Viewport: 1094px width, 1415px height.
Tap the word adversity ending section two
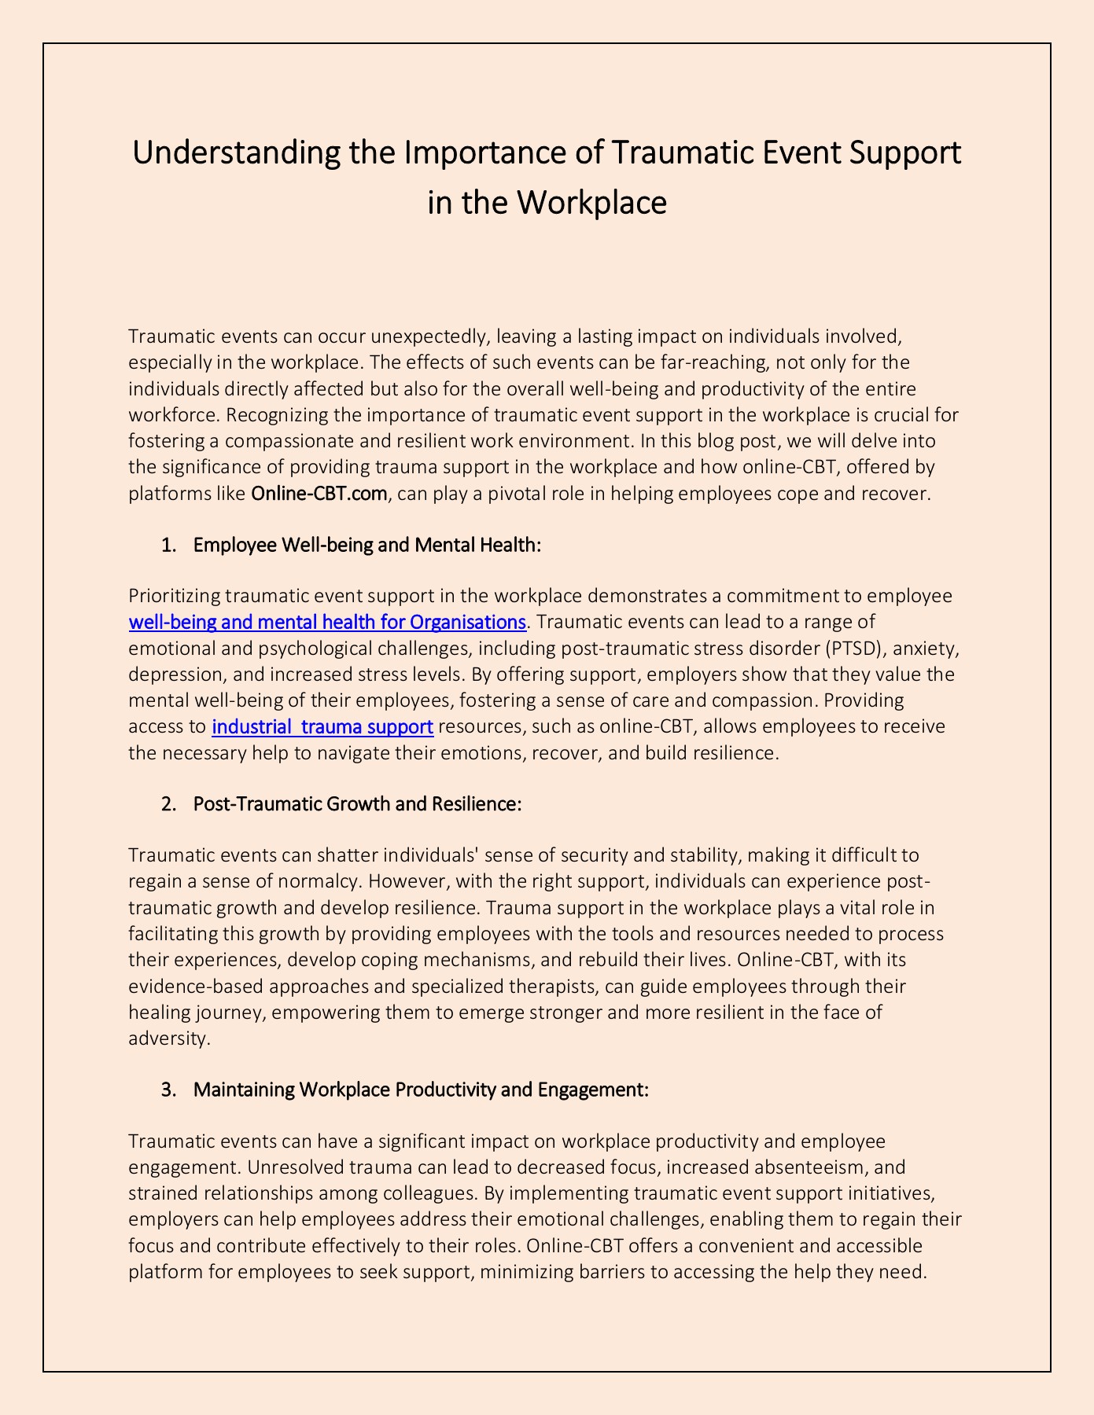(168, 1038)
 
